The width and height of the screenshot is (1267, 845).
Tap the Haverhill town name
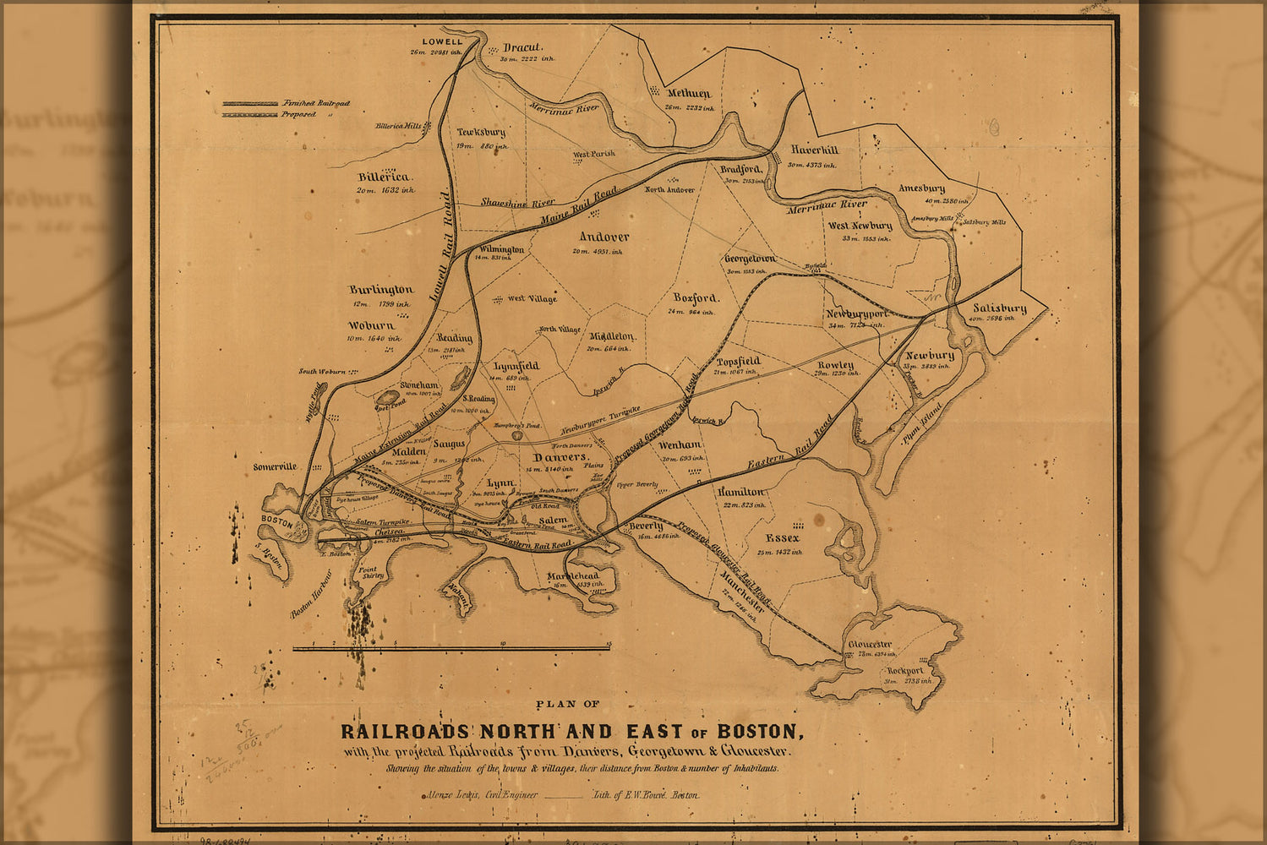[815, 150]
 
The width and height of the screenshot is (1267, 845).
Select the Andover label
[603, 237]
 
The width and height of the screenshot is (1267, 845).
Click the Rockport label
[904, 670]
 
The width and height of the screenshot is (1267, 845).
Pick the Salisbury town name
[999, 308]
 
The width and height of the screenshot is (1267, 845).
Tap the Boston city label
[276, 521]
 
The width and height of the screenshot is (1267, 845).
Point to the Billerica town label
[383, 177]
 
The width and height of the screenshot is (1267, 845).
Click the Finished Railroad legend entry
[316, 102]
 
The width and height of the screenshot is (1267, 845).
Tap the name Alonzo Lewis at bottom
[448, 795]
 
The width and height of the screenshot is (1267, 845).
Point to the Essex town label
[782, 538]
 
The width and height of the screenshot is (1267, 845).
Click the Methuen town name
[689, 94]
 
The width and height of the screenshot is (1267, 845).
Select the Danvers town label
[560, 457]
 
